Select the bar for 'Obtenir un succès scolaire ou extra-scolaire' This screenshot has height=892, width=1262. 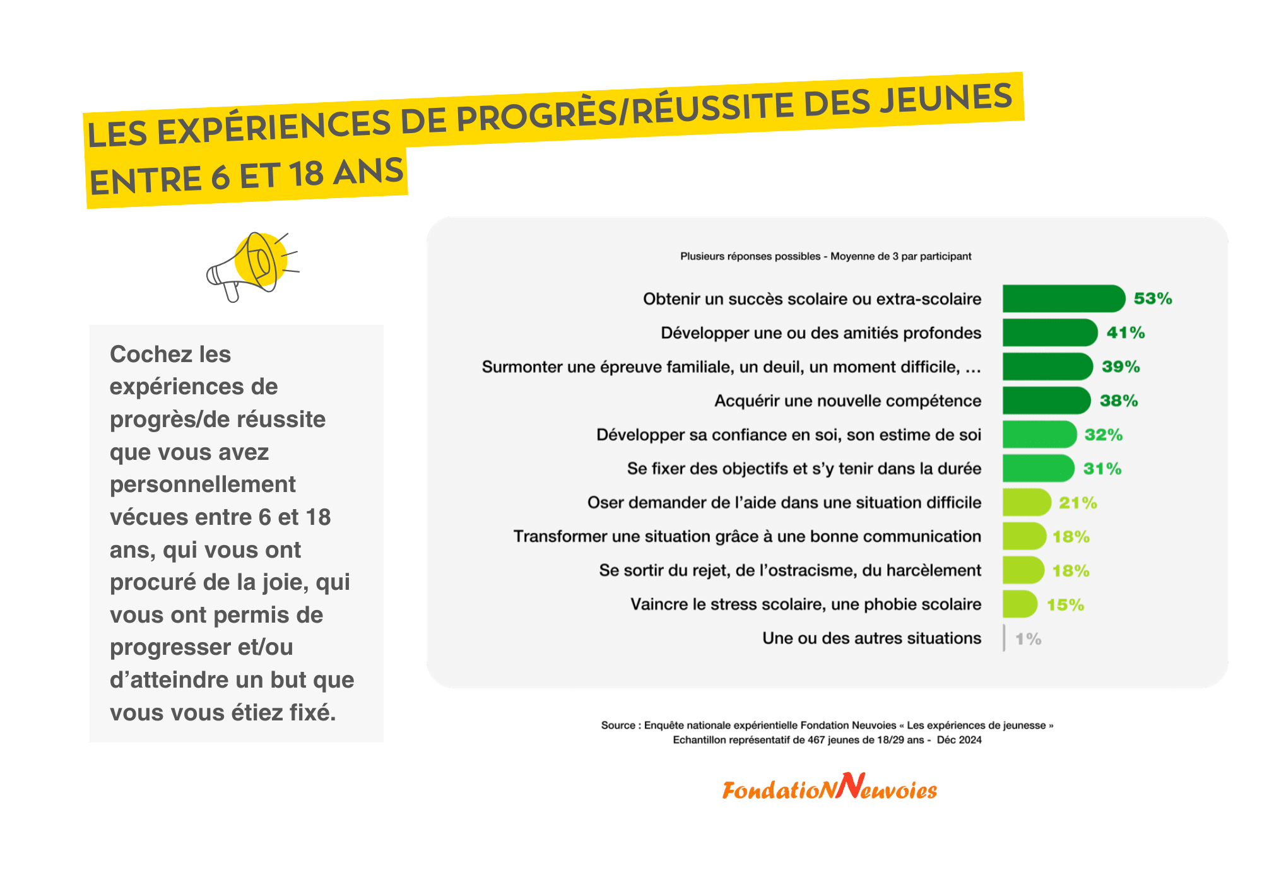point(1064,298)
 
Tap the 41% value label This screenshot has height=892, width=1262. point(1126,332)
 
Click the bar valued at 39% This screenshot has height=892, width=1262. point(1047,367)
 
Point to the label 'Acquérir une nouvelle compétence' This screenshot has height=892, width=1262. point(847,401)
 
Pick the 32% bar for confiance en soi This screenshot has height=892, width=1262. point(1039,435)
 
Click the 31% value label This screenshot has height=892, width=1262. point(1102,469)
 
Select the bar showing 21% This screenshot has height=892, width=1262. point(1027,503)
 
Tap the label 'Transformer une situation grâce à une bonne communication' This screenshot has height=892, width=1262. point(747,536)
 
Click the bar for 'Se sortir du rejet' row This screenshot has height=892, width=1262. point(1023,570)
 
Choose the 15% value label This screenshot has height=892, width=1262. point(1065,605)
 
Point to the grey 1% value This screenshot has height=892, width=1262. point(1028,639)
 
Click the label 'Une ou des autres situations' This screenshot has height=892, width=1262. point(871,638)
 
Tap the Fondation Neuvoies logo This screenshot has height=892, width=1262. point(829,787)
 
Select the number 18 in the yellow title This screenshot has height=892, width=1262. point(306,175)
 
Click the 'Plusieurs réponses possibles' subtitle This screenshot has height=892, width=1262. point(750,256)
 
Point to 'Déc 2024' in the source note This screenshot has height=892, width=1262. point(959,740)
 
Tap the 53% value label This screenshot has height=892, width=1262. point(1153,298)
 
